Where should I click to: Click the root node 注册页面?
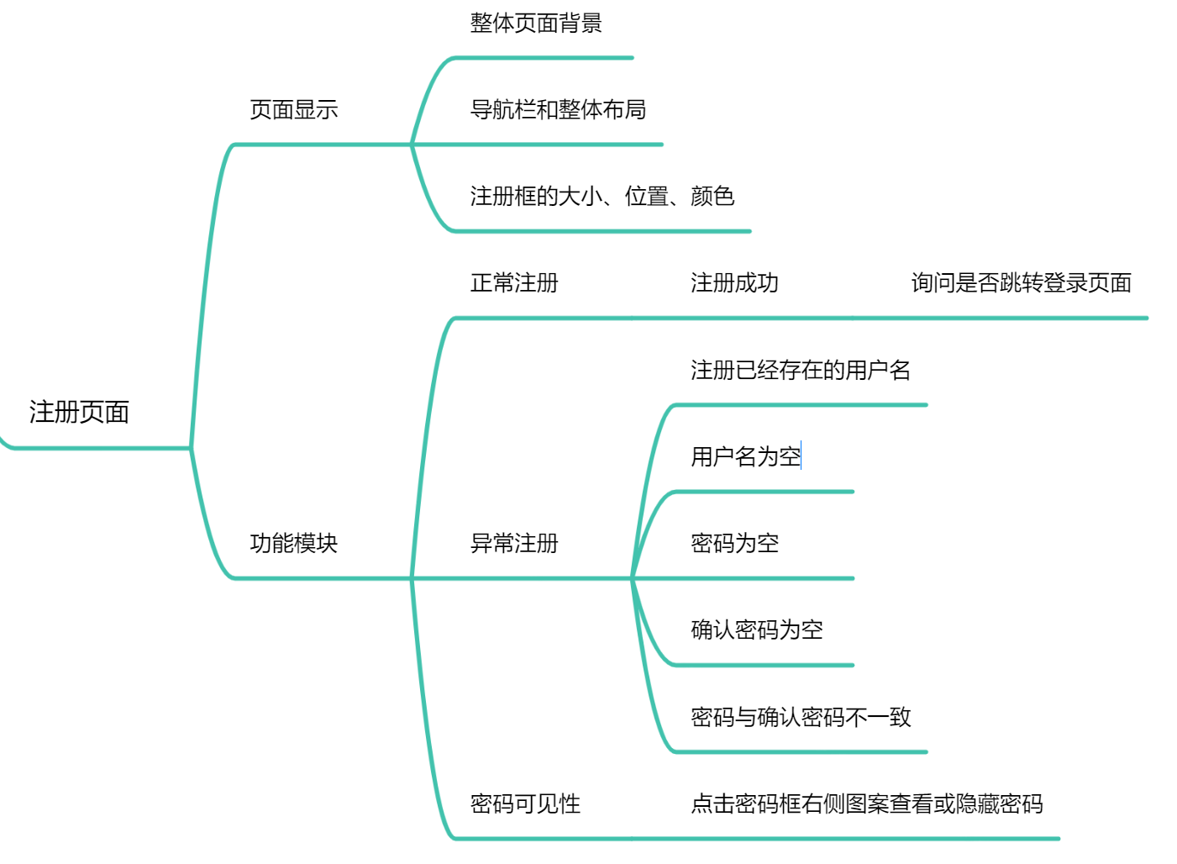(79, 412)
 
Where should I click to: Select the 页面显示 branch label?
(293, 109)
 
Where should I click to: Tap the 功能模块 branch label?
(293, 543)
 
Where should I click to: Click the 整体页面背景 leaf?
(536, 23)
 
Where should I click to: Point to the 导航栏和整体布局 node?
(558, 109)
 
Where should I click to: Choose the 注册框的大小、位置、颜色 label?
(602, 196)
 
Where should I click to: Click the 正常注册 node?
(514, 282)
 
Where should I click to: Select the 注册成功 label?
(734, 282)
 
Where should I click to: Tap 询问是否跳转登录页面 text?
(1021, 282)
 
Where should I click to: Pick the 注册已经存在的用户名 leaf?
(800, 370)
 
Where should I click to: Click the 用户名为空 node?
(745, 456)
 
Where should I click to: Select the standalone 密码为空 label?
(734, 543)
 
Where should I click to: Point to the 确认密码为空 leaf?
(756, 630)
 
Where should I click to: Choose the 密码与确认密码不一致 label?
(800, 717)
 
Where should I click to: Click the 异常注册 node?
(514, 543)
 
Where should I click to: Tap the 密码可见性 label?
(525, 803)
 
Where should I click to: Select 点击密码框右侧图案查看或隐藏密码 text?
(866, 803)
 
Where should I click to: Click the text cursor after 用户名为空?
(801, 456)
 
